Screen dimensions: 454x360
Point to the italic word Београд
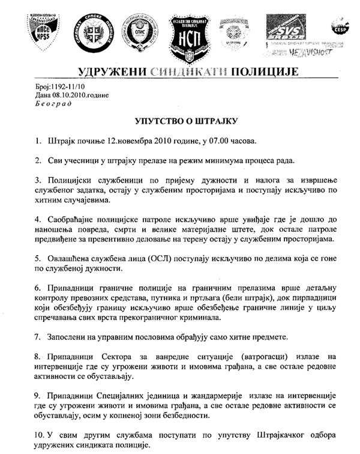52,103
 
